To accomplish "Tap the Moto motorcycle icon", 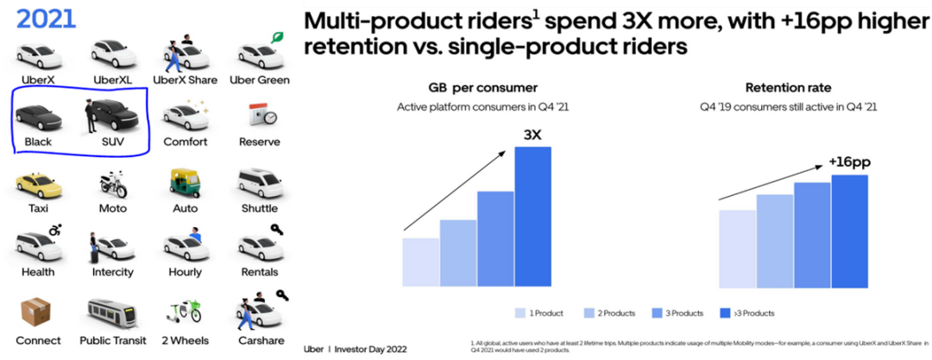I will (113, 183).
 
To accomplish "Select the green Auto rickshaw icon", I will (184, 183).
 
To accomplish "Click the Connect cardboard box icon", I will (37, 313).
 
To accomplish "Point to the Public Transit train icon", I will (113, 315).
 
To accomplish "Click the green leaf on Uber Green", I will (278, 37).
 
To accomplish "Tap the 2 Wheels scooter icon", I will (184, 313).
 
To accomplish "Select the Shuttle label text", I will (260, 208).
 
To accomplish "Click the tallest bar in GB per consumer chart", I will (532, 216).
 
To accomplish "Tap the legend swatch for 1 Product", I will (520, 313).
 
